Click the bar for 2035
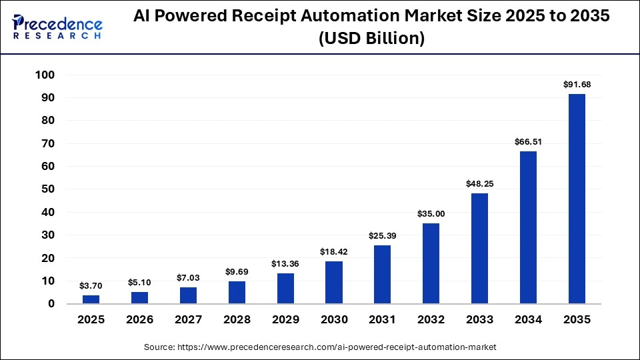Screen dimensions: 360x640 (x=577, y=199)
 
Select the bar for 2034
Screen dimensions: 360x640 (x=528, y=227)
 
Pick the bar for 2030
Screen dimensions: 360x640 (x=334, y=282)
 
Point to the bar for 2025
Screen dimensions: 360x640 (x=91, y=299)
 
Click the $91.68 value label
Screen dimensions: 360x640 (x=577, y=85)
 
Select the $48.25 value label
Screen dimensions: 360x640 (x=479, y=184)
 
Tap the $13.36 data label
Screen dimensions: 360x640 (x=285, y=264)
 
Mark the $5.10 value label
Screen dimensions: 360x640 (x=139, y=283)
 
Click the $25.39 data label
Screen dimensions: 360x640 (x=383, y=236)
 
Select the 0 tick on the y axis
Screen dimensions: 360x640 (x=51, y=304)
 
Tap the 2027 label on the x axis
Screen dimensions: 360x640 (x=188, y=320)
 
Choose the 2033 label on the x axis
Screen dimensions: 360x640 (x=479, y=320)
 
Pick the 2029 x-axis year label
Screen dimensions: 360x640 (x=285, y=320)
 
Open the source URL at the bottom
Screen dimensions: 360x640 (x=320, y=347)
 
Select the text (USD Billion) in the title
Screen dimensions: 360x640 (x=371, y=39)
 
